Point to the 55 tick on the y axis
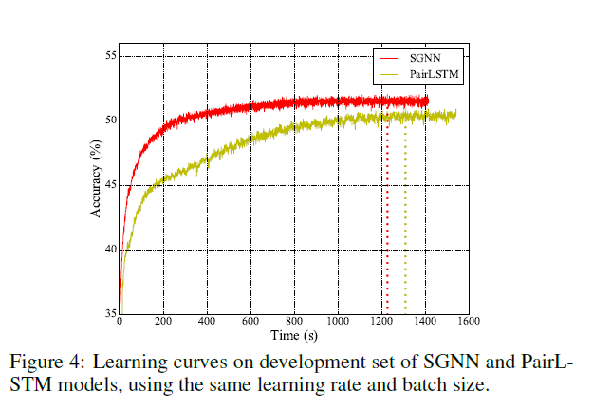109,56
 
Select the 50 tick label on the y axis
109,121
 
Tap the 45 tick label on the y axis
109,185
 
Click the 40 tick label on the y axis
109,250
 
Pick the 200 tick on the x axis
163,322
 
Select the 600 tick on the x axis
250,322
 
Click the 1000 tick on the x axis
338,322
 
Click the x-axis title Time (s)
294,335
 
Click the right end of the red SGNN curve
427,101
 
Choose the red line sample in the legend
389,58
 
